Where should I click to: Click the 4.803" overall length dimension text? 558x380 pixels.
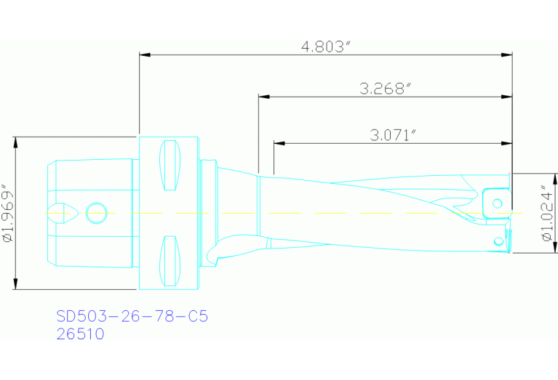(x=326, y=47)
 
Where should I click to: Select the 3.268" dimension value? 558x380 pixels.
(x=386, y=89)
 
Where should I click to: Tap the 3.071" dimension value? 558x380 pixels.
(x=393, y=134)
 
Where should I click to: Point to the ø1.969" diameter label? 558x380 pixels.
(x=8, y=213)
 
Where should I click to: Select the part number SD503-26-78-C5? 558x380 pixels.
(x=132, y=317)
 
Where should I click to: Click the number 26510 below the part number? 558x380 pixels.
(x=80, y=334)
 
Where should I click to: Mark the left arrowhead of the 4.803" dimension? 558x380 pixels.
(x=144, y=54)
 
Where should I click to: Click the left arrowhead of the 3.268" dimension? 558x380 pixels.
(x=263, y=97)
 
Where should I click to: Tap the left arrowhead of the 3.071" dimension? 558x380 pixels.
(x=279, y=142)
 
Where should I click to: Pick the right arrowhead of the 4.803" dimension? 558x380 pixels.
(x=507, y=54)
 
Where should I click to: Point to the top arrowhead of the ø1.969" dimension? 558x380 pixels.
(x=15, y=141)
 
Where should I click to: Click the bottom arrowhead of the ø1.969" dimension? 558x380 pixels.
(x=15, y=284)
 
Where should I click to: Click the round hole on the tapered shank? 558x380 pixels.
(x=95, y=213)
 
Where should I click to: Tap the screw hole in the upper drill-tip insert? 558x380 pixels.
(x=498, y=203)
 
